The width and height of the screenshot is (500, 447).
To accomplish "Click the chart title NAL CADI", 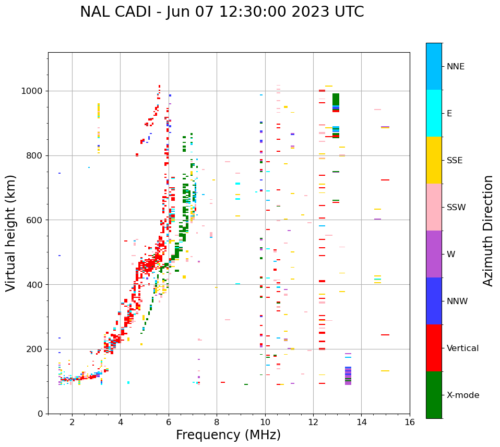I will tap(222, 12).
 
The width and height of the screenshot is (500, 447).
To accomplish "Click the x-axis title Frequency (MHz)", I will tap(228, 435).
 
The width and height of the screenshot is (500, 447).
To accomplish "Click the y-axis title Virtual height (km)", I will tap(11, 233).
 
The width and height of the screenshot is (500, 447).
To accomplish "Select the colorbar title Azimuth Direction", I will tap(488, 230).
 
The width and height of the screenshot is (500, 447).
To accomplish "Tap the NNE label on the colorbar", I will tap(455, 66).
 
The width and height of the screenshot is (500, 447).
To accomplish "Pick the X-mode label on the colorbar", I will tap(462, 395).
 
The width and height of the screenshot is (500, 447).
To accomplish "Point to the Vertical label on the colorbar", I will tap(462, 348).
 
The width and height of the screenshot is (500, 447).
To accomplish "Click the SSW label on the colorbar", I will tap(456, 207).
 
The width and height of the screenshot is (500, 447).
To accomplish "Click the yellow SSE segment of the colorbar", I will tap(434, 160).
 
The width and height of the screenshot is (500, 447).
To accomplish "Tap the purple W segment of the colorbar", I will tap(434, 253).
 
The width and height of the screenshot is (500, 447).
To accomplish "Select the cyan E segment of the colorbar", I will tap(434, 113).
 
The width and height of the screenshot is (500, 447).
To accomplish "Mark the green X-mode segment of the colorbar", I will tap(434, 394).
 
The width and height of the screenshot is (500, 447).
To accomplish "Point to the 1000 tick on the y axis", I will tap(34, 91).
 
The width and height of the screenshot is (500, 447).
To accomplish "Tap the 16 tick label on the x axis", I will tap(410, 422).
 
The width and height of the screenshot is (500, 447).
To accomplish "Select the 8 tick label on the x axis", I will tap(217, 422).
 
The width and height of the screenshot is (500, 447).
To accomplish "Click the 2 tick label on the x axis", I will tap(72, 422).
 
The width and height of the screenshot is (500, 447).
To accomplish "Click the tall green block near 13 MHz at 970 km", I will tap(336, 99).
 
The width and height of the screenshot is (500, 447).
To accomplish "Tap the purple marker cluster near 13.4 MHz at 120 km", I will tap(348, 376).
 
